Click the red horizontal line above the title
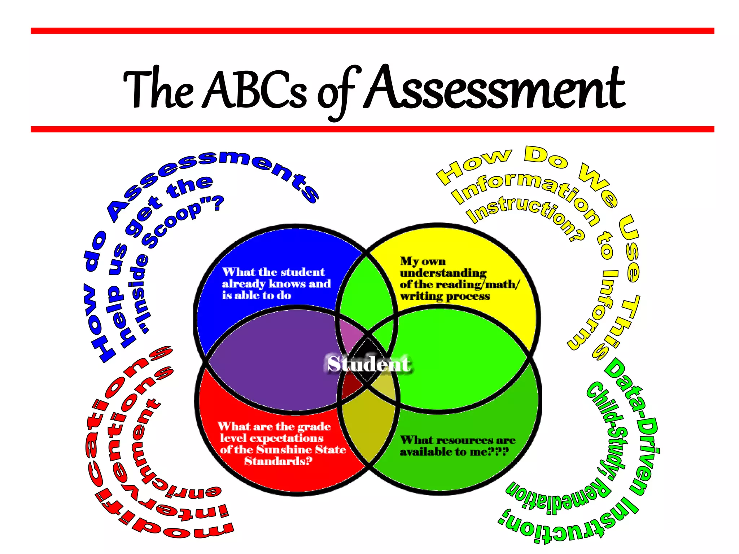(372, 31)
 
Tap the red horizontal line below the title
(372, 129)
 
